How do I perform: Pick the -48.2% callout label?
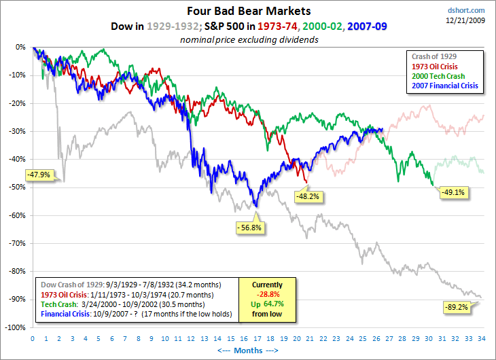pos(307,196)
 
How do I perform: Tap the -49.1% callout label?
pos(455,192)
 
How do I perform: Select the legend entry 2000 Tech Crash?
pos(438,76)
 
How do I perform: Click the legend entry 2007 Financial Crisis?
pos(445,86)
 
